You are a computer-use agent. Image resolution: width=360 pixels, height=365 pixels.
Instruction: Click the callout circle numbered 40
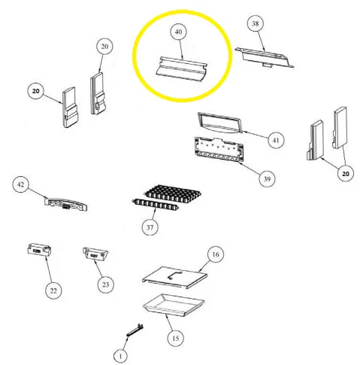tap(178, 33)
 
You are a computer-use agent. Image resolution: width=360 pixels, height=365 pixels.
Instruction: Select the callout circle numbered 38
tap(256, 25)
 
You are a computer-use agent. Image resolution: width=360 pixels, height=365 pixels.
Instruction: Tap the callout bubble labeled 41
tap(276, 139)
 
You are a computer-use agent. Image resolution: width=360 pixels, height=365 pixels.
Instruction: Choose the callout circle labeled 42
tap(21, 184)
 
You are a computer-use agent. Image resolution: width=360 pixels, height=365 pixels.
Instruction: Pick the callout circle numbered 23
tap(103, 284)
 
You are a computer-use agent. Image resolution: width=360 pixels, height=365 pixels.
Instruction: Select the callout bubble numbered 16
tap(214, 255)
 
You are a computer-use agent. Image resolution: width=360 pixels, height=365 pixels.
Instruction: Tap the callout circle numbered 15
tap(175, 338)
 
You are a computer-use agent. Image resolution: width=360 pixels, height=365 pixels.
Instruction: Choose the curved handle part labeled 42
tap(65, 202)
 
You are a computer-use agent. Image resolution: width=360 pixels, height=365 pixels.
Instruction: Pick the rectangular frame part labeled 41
tap(219, 123)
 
